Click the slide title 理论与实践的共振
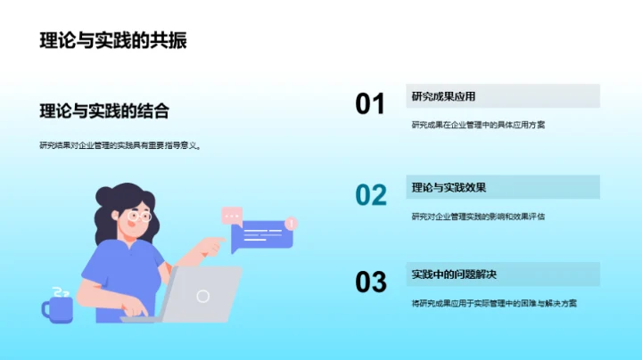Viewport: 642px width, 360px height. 113,41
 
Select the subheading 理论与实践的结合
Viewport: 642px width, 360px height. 104,110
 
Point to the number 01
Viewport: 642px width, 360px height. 370,104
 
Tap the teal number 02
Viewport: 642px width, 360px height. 370,194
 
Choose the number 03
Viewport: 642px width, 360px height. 370,282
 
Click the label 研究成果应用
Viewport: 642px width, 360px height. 443,96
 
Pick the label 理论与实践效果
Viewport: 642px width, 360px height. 449,187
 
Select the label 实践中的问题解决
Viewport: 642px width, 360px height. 454,274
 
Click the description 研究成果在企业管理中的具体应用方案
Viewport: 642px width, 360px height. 478,125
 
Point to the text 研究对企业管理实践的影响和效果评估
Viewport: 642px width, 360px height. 478,216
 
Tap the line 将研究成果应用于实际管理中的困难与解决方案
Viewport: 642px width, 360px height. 494,303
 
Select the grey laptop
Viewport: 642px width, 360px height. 202,295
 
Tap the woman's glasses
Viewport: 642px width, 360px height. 139,217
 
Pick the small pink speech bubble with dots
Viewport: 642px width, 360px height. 233,216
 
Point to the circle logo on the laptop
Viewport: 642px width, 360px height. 203,295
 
